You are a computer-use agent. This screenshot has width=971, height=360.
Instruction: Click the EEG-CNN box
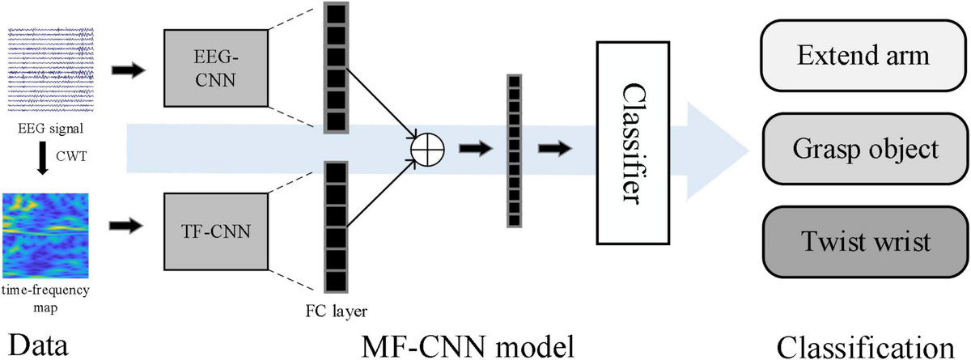click(x=216, y=68)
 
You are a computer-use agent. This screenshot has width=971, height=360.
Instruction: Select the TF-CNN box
click(x=216, y=231)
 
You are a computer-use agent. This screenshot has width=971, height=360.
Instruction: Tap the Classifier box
click(x=633, y=143)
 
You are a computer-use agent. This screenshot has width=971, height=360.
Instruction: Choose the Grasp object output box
click(x=865, y=149)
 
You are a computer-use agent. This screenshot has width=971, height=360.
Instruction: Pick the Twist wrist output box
click(x=865, y=242)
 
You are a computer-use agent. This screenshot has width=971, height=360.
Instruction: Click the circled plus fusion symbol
click(x=427, y=150)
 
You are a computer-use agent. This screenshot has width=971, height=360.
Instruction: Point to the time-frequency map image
click(x=45, y=235)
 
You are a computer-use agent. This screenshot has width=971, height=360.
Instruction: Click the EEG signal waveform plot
click(x=51, y=70)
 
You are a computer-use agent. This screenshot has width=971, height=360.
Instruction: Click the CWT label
click(x=71, y=156)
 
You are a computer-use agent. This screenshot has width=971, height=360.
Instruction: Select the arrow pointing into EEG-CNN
click(x=129, y=70)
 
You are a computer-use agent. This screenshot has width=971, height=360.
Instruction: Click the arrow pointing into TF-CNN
click(x=125, y=225)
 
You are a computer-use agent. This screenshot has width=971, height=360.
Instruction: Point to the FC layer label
click(x=336, y=311)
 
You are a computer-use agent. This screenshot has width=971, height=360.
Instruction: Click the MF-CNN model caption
click(x=468, y=345)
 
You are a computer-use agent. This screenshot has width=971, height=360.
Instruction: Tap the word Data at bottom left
click(x=38, y=345)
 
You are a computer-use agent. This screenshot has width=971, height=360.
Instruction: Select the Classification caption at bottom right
click(x=865, y=347)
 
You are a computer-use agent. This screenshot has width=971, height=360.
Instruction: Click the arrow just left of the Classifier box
click(x=555, y=149)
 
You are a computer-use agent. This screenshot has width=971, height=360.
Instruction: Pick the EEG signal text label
click(x=51, y=129)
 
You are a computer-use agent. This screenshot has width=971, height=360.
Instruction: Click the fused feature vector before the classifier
click(x=514, y=150)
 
